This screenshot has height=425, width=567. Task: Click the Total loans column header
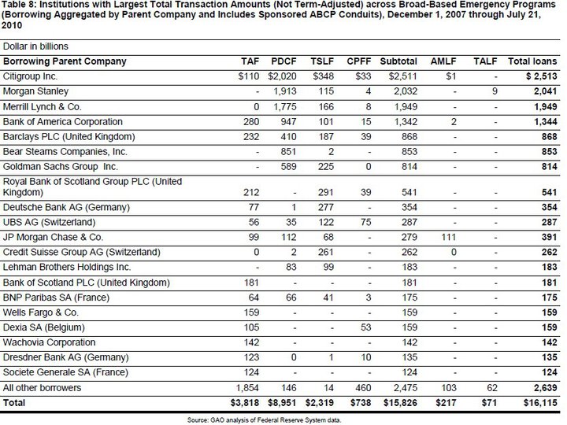(532, 61)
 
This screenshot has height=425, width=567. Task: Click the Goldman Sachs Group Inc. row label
(60, 166)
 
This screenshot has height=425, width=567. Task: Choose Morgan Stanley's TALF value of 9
(492, 91)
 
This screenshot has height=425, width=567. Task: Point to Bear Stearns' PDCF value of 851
(286, 151)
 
